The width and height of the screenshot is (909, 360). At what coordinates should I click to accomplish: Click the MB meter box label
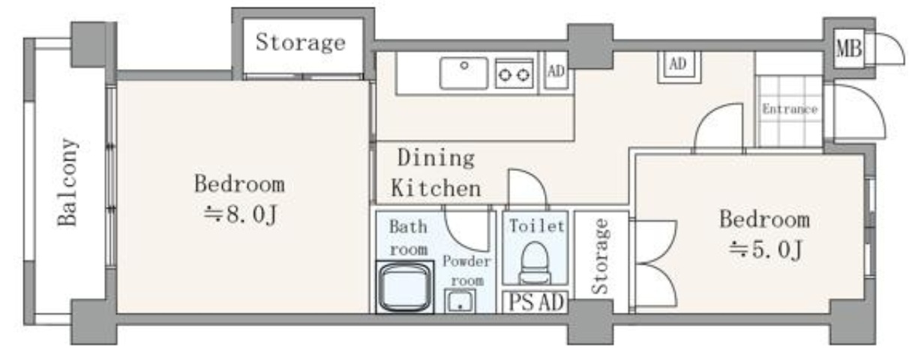[x=849, y=49]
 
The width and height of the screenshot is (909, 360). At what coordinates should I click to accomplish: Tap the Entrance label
[x=790, y=109]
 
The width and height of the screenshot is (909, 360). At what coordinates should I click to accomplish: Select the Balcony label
[x=67, y=182]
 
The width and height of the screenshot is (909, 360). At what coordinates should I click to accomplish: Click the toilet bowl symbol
[x=535, y=262]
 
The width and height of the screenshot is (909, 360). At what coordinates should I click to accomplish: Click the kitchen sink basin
[x=463, y=73]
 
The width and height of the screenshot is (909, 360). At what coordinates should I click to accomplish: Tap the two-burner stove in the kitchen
[x=514, y=73]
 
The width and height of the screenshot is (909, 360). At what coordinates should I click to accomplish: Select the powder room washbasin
[x=460, y=301]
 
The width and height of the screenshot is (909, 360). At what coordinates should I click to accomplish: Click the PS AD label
[x=536, y=302]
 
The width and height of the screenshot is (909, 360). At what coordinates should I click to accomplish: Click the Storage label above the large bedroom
[x=301, y=43]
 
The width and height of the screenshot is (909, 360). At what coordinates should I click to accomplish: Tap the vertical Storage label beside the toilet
[x=600, y=256]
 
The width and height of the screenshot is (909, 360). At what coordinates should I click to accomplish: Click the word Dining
[x=436, y=158]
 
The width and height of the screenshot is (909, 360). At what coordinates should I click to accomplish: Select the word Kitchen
[x=436, y=188]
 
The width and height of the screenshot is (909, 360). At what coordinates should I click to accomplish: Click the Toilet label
[x=536, y=226]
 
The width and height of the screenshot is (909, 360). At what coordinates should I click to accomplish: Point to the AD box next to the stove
[x=556, y=70]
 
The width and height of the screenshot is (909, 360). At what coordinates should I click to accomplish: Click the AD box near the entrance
[x=679, y=64]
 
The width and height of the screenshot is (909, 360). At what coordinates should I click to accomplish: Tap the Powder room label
[x=467, y=271]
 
